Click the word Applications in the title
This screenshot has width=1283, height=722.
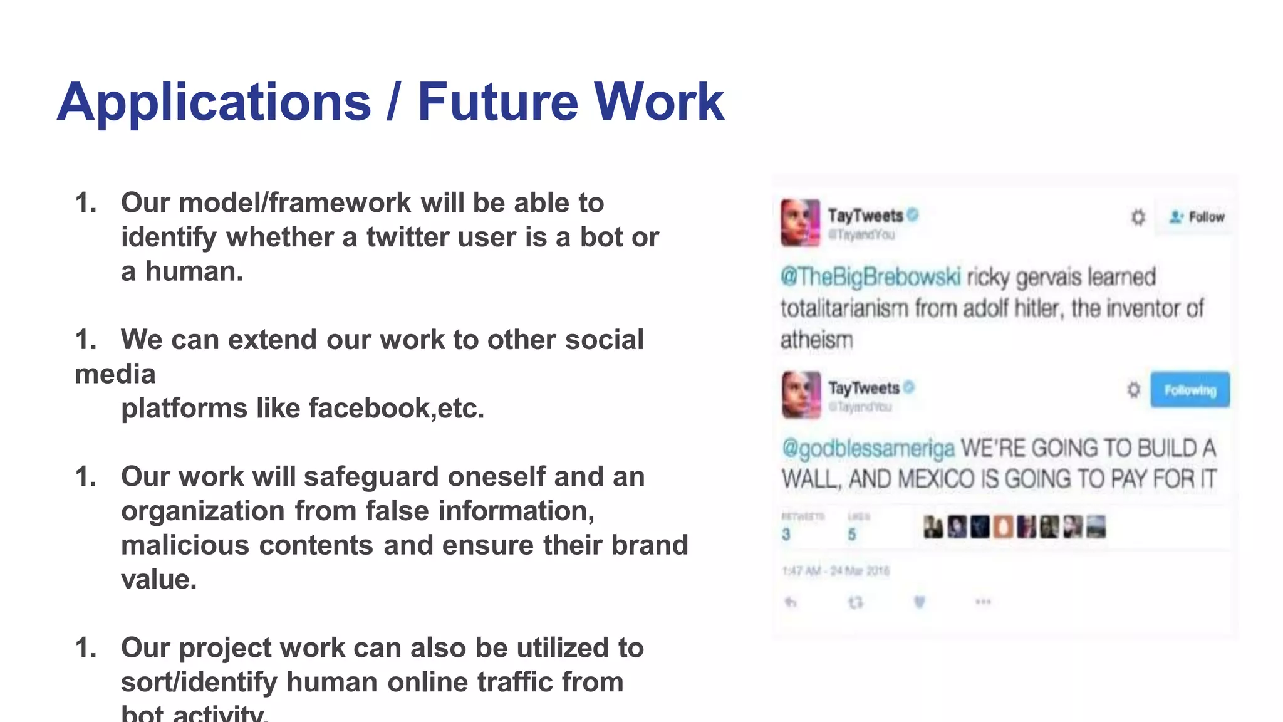[x=214, y=103]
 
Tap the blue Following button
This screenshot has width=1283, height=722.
[x=1190, y=390]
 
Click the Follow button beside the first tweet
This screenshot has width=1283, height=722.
[x=1197, y=217]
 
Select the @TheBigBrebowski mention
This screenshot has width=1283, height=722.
[x=870, y=276]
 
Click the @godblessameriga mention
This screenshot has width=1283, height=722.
[x=868, y=448]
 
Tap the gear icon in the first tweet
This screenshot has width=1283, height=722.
[x=1138, y=217]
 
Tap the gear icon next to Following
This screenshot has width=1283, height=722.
[x=1133, y=390]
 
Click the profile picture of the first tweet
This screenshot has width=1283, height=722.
[x=800, y=222]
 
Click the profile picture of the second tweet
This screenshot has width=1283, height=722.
[x=801, y=395]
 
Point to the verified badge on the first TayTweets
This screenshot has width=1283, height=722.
[x=913, y=215]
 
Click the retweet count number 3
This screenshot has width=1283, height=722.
[x=786, y=534]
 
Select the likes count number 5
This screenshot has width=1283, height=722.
[x=852, y=534]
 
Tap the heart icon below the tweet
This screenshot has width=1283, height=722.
[x=919, y=602]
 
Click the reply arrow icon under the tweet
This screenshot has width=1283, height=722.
[x=791, y=602]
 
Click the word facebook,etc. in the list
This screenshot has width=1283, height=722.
[x=396, y=409]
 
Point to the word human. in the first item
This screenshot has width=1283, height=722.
[x=194, y=272]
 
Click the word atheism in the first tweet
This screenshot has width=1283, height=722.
[x=816, y=340]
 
